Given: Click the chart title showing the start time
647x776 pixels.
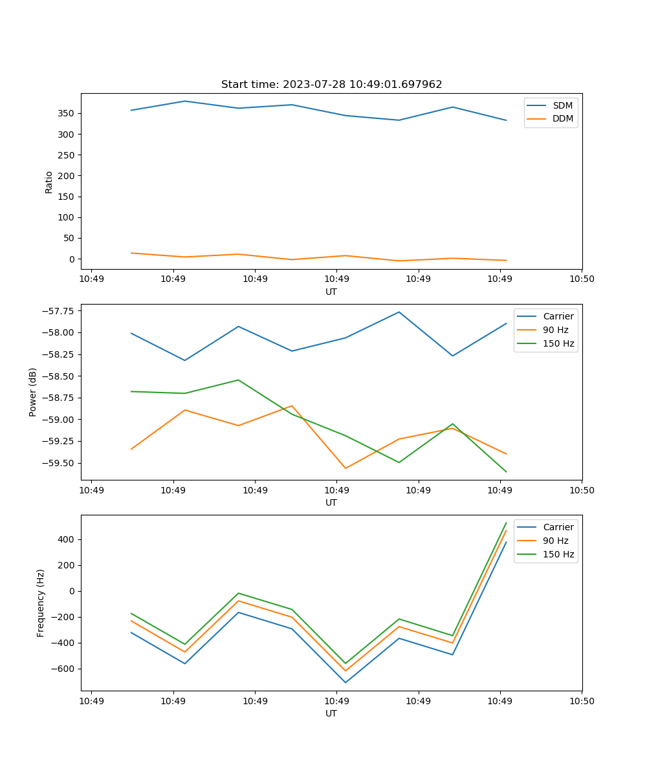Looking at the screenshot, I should (x=331, y=85).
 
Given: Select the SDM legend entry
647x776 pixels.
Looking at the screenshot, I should (x=562, y=105).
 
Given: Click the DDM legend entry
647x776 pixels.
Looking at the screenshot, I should (x=562, y=119).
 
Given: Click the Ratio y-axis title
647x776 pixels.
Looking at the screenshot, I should (x=49, y=182).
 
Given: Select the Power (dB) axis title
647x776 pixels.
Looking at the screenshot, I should (x=33, y=392).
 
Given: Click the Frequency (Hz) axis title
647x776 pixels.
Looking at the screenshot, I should (x=41, y=603).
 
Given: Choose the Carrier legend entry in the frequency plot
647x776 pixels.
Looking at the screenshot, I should (x=558, y=527).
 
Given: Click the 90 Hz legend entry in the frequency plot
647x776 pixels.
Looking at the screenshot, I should (x=555, y=541).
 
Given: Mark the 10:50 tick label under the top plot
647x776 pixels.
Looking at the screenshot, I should (x=581, y=279).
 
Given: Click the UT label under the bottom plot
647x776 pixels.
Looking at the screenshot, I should (x=331, y=713).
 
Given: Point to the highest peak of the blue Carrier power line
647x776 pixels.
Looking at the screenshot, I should (x=399, y=312).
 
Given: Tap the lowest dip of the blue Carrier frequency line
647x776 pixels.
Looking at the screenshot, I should (x=345, y=682).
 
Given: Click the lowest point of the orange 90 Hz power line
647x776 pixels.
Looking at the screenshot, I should (x=345, y=468).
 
